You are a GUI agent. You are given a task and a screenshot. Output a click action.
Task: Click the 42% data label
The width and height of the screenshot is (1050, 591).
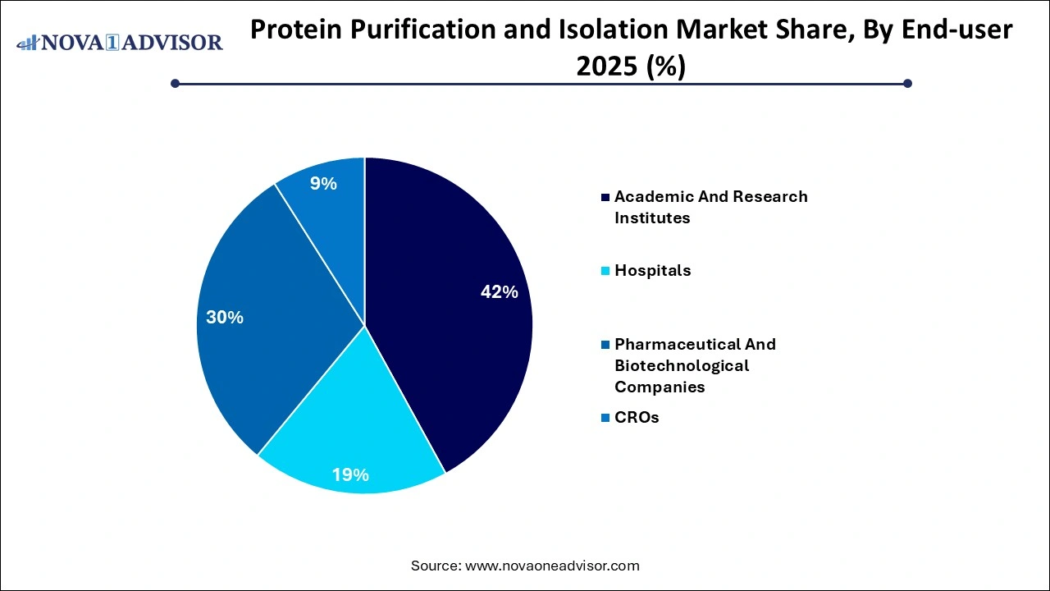[x=499, y=292]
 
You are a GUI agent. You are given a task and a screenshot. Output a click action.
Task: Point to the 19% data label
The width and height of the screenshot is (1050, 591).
[x=350, y=474]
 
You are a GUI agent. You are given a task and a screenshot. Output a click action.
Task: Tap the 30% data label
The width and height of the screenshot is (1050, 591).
[x=225, y=318]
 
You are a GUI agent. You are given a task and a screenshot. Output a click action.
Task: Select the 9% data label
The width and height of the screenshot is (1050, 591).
[x=323, y=184]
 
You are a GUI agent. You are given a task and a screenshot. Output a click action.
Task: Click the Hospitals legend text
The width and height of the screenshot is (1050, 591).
[x=653, y=271]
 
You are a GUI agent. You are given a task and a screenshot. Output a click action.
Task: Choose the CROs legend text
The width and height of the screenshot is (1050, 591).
[x=637, y=418]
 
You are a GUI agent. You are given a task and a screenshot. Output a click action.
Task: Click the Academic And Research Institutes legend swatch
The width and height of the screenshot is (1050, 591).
[x=605, y=198]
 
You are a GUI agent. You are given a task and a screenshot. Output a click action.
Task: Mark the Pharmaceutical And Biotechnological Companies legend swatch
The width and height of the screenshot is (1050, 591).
[x=605, y=345]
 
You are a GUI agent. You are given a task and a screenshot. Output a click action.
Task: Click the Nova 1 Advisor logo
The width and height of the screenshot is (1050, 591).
[x=120, y=42]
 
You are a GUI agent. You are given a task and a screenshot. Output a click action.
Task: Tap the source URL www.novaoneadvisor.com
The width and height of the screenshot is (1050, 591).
[x=552, y=566]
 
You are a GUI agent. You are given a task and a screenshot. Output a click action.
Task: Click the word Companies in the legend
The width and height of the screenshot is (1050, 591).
[x=660, y=387]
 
